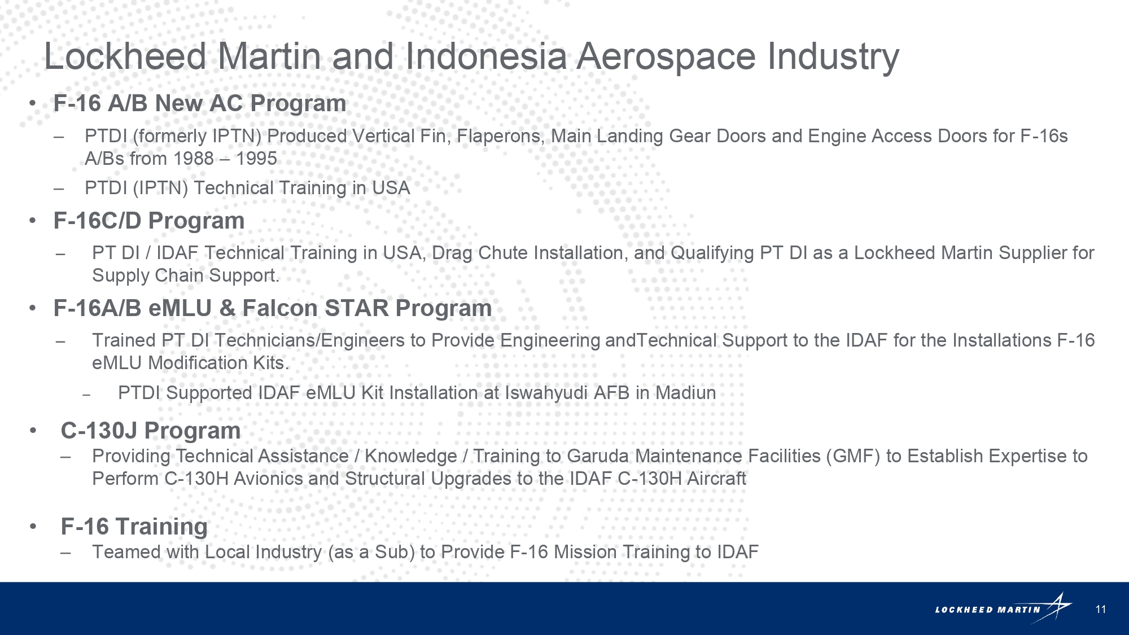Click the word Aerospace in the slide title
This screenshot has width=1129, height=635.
pos(666,56)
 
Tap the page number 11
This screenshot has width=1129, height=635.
pos(1101,609)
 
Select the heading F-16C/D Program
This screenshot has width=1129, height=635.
pos(149,221)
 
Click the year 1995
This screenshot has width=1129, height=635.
pos(256,159)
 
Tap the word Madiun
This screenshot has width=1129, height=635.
pos(685,393)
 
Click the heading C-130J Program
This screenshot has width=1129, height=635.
pos(151,431)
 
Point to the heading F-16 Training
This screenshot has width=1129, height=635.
pos(134,527)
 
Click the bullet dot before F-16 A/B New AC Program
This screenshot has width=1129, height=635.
pos(33,104)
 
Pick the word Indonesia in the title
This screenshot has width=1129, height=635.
pos(486,56)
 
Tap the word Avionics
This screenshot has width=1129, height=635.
pos(268,479)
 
